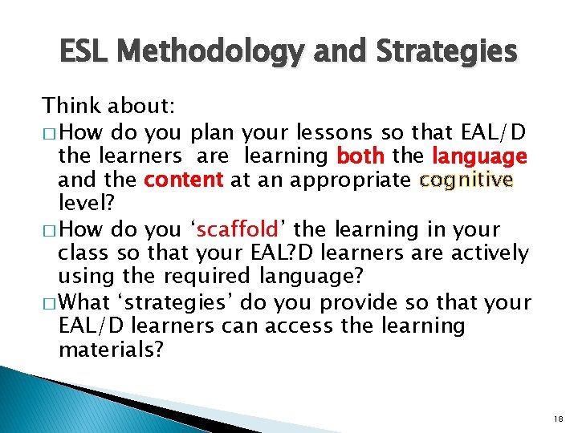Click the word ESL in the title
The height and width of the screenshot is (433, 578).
point(87,52)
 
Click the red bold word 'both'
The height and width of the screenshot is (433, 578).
point(361,155)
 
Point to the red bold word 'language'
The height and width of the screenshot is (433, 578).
point(479,155)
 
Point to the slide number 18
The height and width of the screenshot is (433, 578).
point(559,419)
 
